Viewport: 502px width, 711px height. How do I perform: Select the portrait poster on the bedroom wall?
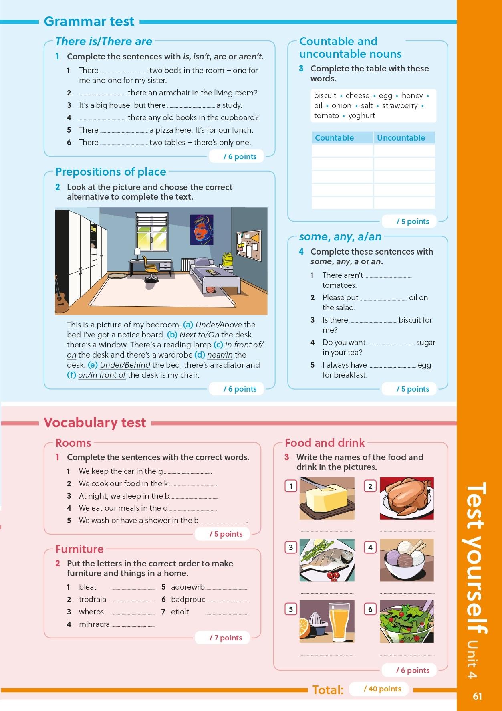[x=202, y=229]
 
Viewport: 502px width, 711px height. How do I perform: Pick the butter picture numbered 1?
[x=327, y=498]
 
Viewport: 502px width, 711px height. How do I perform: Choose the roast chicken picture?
[x=407, y=498]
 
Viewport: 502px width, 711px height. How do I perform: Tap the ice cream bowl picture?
[x=407, y=560]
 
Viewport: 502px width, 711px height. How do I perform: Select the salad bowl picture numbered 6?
[x=407, y=621]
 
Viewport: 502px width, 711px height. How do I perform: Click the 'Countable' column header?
[x=334, y=138]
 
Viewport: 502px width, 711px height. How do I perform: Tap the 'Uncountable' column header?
[x=401, y=138]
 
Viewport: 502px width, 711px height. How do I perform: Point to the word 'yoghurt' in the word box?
[x=361, y=116]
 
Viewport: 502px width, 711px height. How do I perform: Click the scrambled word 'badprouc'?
[x=188, y=599]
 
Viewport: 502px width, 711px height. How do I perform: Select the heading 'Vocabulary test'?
[x=95, y=422]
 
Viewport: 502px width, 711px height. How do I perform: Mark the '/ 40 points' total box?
[x=382, y=689]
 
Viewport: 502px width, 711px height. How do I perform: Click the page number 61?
[x=477, y=696]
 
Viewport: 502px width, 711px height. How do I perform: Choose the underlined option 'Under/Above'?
[x=219, y=325]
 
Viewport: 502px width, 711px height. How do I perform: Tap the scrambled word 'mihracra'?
[x=94, y=624]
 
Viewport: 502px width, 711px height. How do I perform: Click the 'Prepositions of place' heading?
[x=111, y=172]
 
